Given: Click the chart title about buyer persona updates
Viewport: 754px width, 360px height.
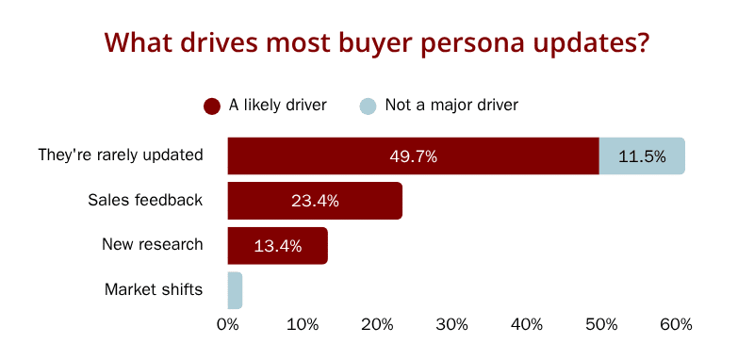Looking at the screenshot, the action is click(378, 42).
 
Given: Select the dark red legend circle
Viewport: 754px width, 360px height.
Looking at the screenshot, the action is click(211, 106).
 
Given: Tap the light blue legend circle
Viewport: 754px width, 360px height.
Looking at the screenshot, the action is click(368, 106).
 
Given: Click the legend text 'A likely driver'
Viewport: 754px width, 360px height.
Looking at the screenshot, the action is click(277, 106).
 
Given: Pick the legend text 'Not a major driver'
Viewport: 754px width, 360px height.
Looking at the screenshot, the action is click(451, 106).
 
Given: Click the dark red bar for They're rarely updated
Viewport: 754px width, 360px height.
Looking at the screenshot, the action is click(414, 155).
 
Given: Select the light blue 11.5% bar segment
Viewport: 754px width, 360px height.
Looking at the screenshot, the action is click(642, 155).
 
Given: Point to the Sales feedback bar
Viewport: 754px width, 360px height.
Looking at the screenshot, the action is click(315, 201).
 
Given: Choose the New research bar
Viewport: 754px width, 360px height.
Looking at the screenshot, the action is click(278, 246).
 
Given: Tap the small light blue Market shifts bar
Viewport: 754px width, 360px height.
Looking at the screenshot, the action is click(235, 290).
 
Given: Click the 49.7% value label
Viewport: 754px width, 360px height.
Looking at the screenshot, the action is click(414, 156).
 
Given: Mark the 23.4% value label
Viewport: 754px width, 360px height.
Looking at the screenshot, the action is click(315, 202).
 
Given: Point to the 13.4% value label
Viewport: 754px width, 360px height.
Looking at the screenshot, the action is click(278, 247).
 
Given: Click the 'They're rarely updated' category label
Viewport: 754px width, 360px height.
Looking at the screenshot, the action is click(121, 155).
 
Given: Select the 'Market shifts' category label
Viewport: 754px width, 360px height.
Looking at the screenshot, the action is click(154, 290).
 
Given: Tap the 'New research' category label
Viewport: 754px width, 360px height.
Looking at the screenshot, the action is click(153, 245).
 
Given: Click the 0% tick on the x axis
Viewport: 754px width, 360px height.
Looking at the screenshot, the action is click(228, 325).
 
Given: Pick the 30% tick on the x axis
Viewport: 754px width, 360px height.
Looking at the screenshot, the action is click(452, 325).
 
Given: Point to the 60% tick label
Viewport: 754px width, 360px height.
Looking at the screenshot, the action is click(676, 325).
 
